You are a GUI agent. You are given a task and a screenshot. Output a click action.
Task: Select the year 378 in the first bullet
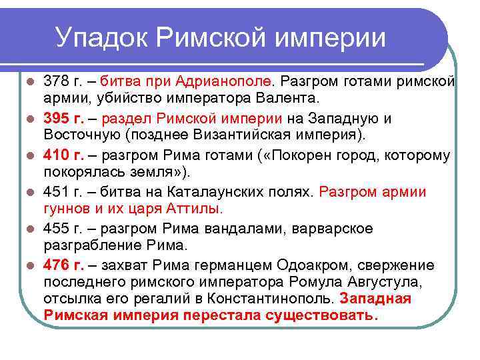(x=55, y=81)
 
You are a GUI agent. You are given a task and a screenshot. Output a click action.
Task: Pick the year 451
(x=55, y=192)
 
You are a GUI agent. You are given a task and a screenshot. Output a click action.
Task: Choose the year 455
(x=55, y=229)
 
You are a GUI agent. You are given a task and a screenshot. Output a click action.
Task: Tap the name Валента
(x=290, y=99)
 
